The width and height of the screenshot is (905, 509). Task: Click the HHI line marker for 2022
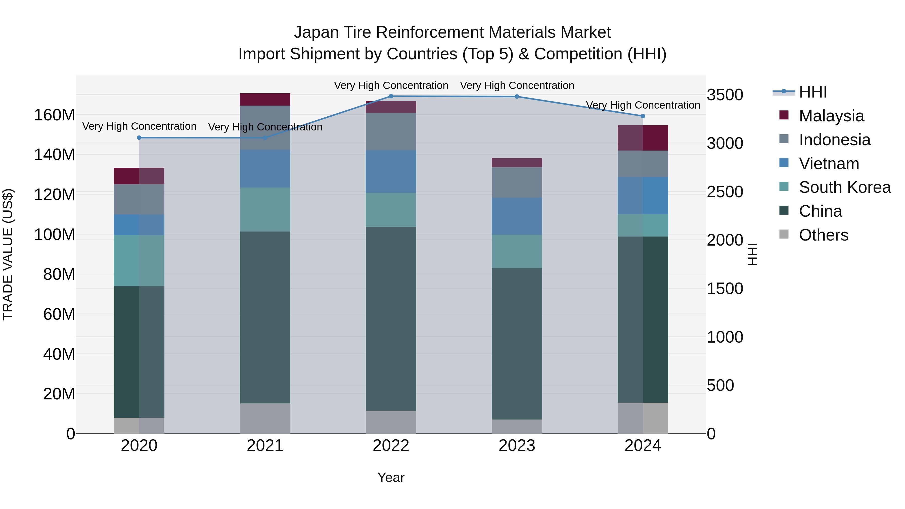391,96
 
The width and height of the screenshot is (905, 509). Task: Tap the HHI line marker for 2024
643,116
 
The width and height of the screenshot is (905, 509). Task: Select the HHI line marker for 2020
139,138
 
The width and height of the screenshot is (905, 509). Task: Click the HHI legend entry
812,92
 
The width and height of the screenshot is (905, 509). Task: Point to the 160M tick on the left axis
55,115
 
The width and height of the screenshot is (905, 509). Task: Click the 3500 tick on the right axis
725,95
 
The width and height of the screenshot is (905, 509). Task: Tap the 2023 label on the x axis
517,446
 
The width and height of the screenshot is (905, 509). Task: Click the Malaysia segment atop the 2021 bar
265,99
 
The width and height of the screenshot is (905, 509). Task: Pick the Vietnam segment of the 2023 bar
517,216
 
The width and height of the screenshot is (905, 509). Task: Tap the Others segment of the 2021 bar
265,418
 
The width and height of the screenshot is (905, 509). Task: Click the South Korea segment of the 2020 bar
139,260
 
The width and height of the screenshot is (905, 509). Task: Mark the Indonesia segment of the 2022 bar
391,131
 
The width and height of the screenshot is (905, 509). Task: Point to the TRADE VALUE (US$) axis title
8,254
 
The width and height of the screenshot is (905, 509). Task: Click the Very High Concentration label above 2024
643,105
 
